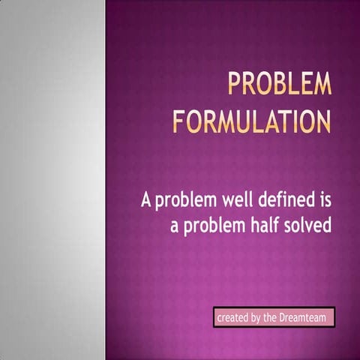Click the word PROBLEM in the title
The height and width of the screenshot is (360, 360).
(x=279, y=85)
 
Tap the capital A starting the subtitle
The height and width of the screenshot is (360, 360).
(x=147, y=200)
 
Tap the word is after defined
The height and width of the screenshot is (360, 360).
(x=323, y=200)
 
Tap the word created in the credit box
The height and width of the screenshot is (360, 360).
(x=232, y=318)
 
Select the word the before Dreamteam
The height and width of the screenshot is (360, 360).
(x=271, y=318)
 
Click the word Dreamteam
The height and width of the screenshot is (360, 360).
(x=304, y=318)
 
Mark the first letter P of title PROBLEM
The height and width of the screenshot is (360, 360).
(x=235, y=85)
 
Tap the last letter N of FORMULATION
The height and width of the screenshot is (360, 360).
(x=323, y=121)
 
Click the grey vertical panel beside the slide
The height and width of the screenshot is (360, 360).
(x=52, y=180)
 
